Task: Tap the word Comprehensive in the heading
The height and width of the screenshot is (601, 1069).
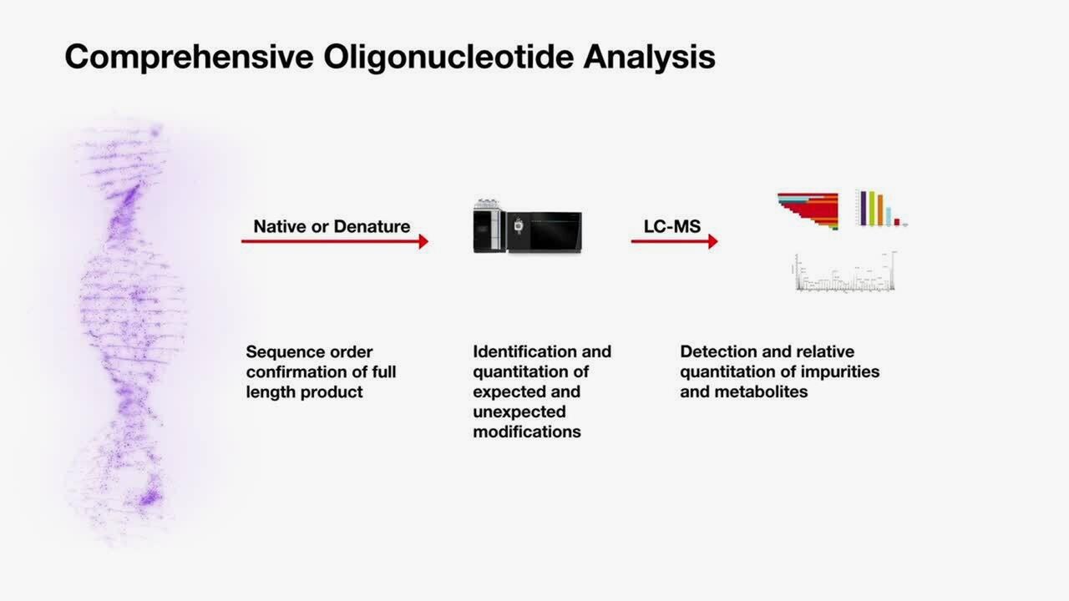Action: click(x=189, y=57)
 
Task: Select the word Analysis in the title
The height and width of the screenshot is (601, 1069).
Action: click(x=649, y=57)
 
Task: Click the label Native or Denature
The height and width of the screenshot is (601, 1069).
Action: click(x=332, y=226)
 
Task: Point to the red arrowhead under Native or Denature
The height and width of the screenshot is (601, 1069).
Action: click(x=423, y=241)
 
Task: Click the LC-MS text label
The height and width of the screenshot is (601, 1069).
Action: click(x=671, y=226)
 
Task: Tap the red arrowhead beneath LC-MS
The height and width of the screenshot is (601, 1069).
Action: click(x=712, y=241)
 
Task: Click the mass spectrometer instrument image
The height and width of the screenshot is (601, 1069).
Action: click(x=527, y=227)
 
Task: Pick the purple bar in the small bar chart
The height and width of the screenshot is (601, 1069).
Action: click(x=863, y=209)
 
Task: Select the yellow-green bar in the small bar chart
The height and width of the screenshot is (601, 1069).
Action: click(x=871, y=209)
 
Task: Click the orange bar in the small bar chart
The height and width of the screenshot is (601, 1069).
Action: click(x=879, y=210)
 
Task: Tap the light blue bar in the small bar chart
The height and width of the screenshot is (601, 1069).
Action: click(x=889, y=217)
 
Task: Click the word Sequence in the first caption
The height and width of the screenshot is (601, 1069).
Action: click(x=280, y=352)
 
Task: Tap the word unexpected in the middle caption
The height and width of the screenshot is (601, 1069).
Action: click(x=519, y=412)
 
